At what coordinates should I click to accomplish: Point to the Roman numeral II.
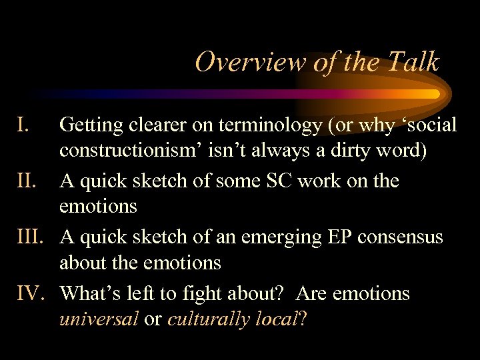pyautogui.click(x=25, y=181)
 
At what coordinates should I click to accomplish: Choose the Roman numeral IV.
pyautogui.click(x=29, y=294)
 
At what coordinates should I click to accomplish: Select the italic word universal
pyautogui.click(x=99, y=319)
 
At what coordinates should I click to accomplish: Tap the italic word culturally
pyautogui.click(x=205, y=319)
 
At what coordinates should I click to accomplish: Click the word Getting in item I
pyautogui.click(x=90, y=125)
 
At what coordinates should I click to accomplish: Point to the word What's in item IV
pyautogui.click(x=89, y=294)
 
